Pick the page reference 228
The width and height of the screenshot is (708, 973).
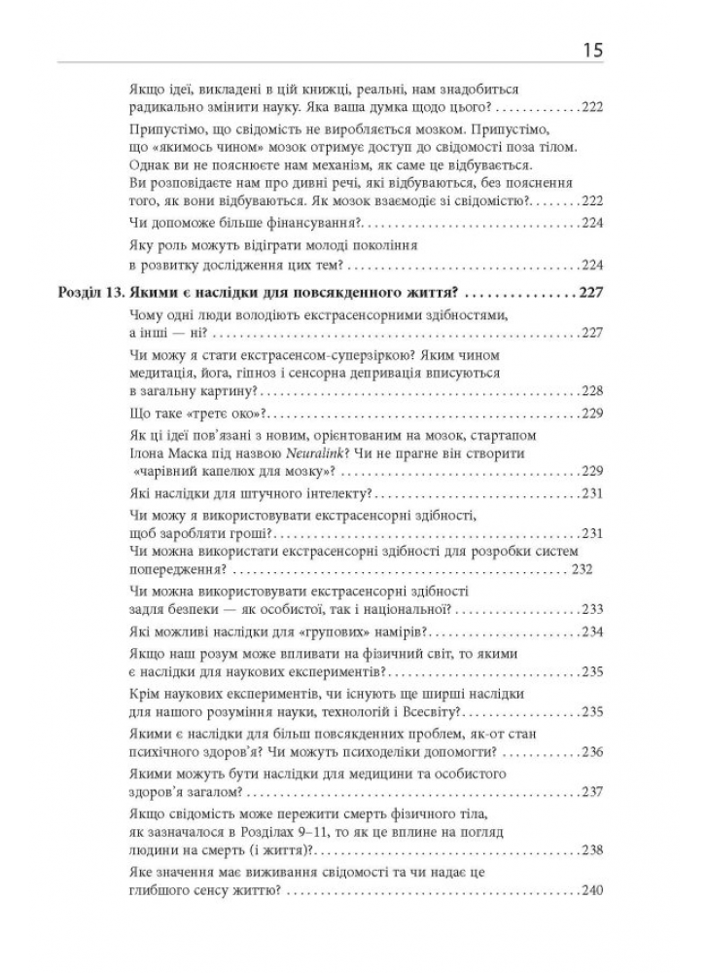(x=591, y=391)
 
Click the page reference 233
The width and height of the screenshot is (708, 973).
(x=591, y=610)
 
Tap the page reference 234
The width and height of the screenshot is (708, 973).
(x=591, y=633)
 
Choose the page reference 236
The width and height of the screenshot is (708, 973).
(x=591, y=752)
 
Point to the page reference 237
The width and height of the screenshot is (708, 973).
(x=591, y=793)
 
